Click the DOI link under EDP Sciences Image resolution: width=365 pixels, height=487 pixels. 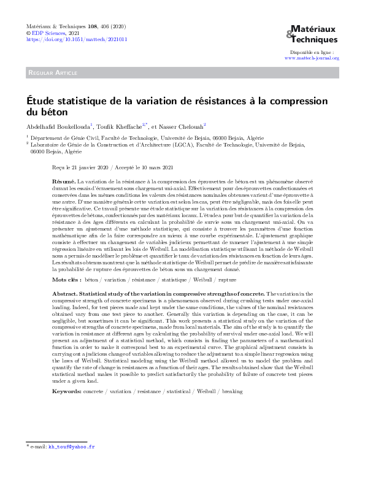76,39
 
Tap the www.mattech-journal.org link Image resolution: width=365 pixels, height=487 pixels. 312,58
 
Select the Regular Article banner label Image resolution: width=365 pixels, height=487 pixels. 52,73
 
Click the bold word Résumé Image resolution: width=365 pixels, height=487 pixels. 64,182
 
